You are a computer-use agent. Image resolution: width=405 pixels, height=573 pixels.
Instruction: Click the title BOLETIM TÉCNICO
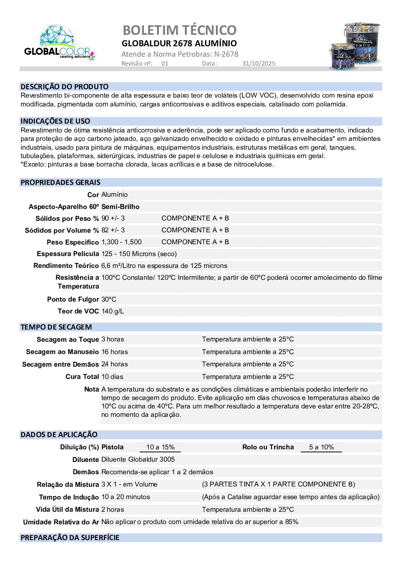[180, 30]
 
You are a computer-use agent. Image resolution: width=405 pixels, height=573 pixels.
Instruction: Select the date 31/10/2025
[258, 64]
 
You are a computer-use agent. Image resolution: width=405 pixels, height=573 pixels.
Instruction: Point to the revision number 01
[165, 64]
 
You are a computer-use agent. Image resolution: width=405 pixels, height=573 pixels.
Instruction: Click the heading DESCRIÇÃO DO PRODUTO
[64, 87]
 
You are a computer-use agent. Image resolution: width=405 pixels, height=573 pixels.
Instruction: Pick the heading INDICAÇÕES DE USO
[55, 121]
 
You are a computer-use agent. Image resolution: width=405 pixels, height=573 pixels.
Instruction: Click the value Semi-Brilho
[120, 207]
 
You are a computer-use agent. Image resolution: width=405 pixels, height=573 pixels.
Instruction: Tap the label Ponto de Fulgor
[73, 299]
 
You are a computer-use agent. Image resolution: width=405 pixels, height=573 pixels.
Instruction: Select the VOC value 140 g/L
[113, 311]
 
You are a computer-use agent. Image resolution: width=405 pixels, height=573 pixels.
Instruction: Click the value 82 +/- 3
[113, 230]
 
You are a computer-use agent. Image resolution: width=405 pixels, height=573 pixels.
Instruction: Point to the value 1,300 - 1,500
[121, 242]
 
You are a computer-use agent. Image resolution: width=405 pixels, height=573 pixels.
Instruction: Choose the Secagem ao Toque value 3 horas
[113, 339]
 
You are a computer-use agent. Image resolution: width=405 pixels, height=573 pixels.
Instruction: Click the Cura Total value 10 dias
[112, 377]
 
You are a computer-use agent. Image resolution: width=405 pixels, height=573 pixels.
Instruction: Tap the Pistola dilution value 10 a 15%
[160, 447]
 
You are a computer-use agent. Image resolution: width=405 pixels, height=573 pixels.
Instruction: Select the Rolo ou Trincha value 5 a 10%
[321, 447]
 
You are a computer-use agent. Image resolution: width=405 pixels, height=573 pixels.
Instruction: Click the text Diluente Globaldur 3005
[138, 459]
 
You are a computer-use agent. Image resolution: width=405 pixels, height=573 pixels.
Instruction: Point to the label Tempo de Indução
[69, 497]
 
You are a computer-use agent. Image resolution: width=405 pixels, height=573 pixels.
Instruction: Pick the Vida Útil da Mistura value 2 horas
[113, 509]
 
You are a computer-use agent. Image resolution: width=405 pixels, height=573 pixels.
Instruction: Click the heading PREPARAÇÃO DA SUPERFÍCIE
[70, 537]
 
